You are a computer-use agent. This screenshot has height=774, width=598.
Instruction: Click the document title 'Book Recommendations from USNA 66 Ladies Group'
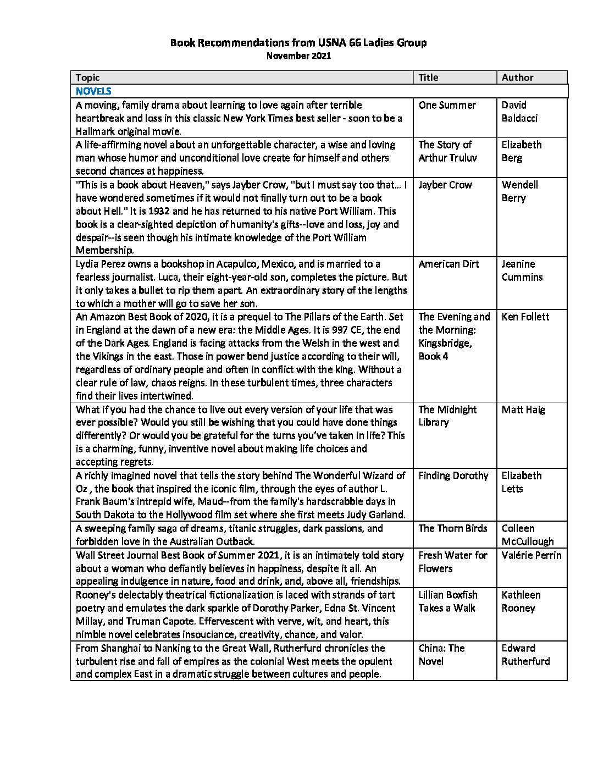coord(298,42)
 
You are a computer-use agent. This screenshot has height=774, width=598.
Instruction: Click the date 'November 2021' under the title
coord(298,56)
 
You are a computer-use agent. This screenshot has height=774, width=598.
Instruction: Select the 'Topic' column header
coord(88,78)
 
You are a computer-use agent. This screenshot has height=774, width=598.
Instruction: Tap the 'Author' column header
coord(517,78)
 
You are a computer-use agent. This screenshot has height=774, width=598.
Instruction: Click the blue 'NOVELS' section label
coord(93,91)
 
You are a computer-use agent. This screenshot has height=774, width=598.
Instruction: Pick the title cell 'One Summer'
coord(447,105)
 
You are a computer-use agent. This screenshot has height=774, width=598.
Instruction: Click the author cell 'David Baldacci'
coord(519,112)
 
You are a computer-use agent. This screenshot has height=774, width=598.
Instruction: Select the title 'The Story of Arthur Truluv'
coord(447,151)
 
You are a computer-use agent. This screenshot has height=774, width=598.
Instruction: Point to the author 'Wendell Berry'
coord(519,191)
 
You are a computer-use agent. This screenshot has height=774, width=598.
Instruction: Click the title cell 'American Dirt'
coord(449,264)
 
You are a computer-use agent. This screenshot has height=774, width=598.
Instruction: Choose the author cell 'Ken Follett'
coord(525,317)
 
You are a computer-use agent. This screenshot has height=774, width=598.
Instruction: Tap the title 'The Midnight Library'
coord(447,416)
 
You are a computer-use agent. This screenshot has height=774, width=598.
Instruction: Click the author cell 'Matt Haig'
coord(523,410)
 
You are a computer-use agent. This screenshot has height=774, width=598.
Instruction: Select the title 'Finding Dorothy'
coord(453,476)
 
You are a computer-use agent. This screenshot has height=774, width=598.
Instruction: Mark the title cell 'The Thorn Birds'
coord(452,528)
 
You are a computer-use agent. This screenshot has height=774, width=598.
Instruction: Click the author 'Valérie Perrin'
coord(531,555)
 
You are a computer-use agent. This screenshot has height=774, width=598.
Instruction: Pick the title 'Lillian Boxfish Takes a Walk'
coord(447,601)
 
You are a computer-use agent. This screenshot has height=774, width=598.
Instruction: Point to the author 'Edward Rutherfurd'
coord(525,655)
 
